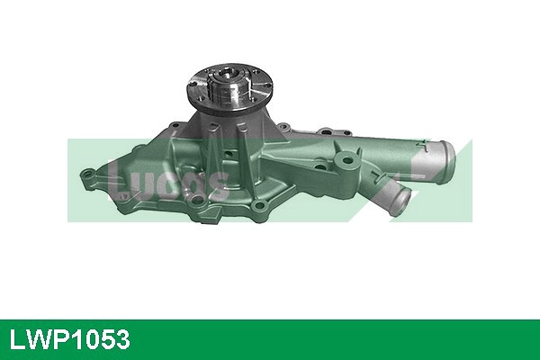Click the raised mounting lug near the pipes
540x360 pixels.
point(345,163)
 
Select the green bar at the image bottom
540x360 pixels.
point(270,339)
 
